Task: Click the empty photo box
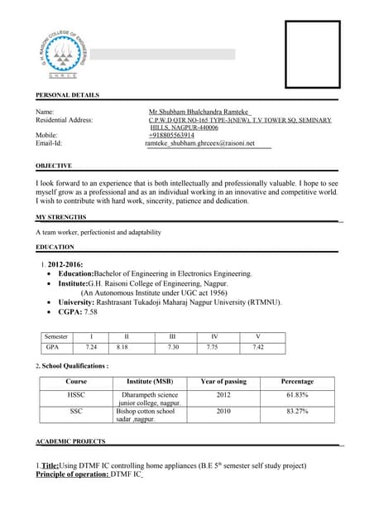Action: coord(312,55)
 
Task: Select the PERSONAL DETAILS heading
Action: coord(67,95)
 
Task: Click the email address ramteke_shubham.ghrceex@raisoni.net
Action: coord(208,143)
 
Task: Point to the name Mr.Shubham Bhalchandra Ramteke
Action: coord(199,111)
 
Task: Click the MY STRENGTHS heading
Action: coord(60,216)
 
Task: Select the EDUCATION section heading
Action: coord(55,247)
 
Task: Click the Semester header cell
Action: coord(56,337)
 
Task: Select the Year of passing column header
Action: coord(223,382)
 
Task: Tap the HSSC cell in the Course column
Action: coord(76,395)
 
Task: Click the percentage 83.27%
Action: coord(297,411)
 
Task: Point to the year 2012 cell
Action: coord(223,395)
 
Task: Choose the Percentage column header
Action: coord(297,382)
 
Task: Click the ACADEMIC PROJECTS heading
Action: coord(70,442)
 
